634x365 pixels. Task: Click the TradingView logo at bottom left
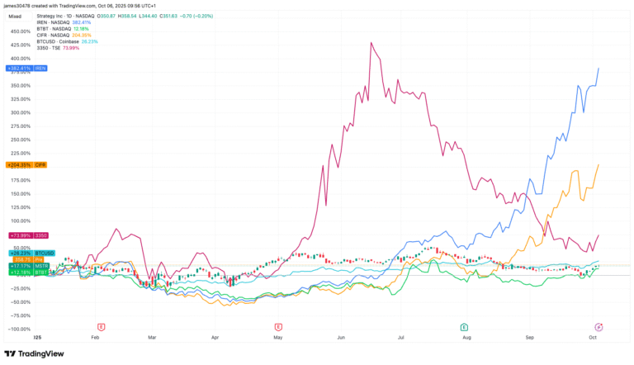[x=34, y=353]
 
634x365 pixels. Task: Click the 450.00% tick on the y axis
[x=20, y=31]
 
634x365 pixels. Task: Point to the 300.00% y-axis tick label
[x=20, y=112]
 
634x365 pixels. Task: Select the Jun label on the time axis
[x=340, y=337]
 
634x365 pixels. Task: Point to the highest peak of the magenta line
[x=372, y=43]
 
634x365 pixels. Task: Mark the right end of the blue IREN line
[x=598, y=69]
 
